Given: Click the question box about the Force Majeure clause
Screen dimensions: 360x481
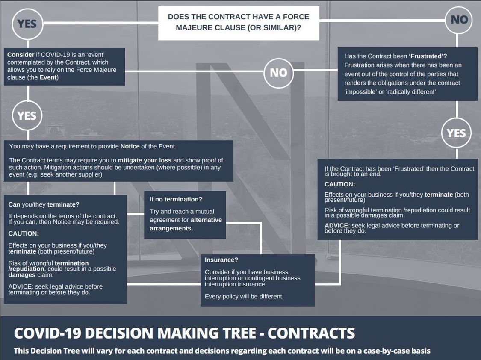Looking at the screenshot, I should [239, 23].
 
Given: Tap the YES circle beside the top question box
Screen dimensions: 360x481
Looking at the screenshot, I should [27, 24].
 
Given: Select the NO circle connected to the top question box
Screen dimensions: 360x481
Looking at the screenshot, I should [459, 20].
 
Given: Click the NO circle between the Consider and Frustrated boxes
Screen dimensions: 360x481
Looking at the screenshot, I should [278, 73].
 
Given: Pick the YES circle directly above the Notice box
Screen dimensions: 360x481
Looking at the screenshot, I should [27, 115].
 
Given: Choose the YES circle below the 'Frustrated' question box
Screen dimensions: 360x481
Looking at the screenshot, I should [456, 133].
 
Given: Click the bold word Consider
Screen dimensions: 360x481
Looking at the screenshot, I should [21, 55].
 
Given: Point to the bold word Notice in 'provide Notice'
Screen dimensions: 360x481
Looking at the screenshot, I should [130, 146].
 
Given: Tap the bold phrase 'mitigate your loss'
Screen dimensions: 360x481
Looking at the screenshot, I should [145, 160].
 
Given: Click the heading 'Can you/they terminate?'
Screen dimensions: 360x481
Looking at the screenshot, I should [44, 204].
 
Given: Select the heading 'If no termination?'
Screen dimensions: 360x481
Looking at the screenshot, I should [176, 199].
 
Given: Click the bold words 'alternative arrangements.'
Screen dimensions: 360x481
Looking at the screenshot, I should [186, 224].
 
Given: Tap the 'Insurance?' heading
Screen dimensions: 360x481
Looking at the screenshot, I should [221, 260].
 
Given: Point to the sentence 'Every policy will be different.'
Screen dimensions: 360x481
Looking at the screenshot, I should [244, 296].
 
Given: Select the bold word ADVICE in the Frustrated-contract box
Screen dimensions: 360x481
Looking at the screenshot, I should [336, 225].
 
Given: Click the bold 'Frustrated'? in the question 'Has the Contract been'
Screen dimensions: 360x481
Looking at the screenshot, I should [428, 56].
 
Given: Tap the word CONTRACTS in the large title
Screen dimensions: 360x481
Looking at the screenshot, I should [311, 333].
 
